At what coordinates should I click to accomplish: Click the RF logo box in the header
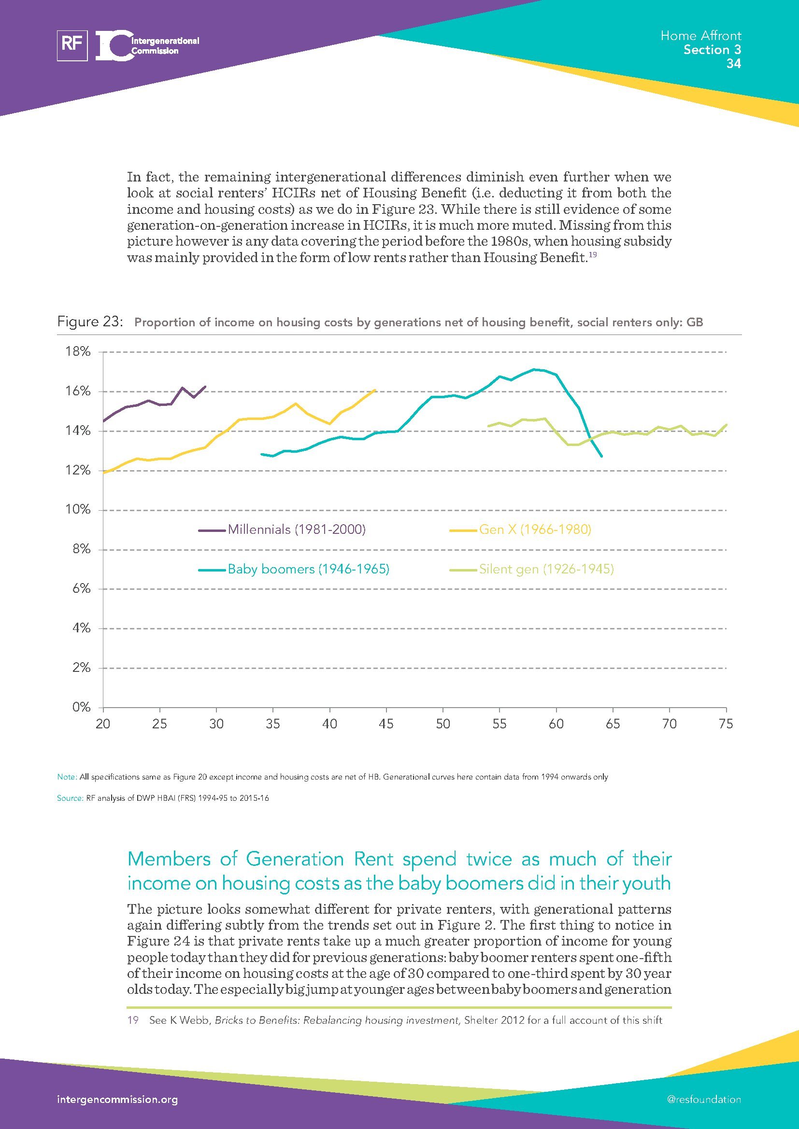(x=72, y=45)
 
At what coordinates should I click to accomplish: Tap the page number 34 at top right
(x=733, y=63)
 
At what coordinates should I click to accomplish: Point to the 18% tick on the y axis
(x=78, y=351)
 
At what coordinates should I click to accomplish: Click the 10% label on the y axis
(x=78, y=509)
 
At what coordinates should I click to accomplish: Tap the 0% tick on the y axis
(x=82, y=707)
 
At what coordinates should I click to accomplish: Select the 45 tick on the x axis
(x=386, y=724)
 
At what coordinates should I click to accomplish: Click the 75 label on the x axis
(x=726, y=724)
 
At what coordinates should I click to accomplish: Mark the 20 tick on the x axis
(x=103, y=724)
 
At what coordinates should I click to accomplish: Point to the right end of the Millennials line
(x=205, y=387)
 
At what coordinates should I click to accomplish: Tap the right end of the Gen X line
(x=375, y=390)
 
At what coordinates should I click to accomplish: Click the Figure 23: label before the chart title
(x=89, y=321)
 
